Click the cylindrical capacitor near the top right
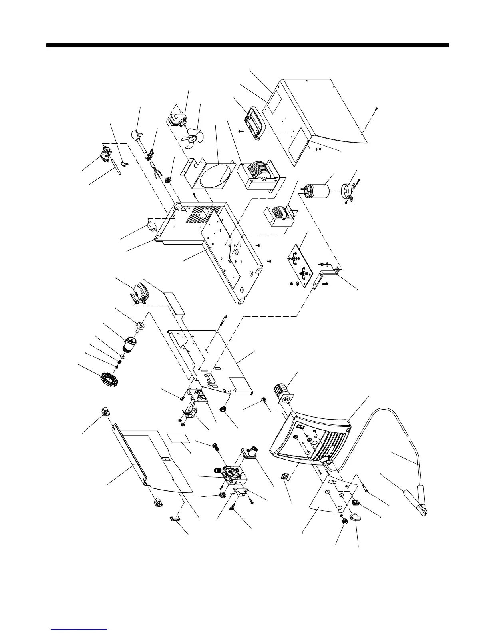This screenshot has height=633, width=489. click(317, 191)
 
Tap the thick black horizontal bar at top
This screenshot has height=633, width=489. click(248, 45)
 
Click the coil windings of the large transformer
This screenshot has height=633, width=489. click(256, 171)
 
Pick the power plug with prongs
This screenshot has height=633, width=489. click(138, 136)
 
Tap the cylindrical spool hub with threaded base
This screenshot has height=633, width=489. click(129, 344)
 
